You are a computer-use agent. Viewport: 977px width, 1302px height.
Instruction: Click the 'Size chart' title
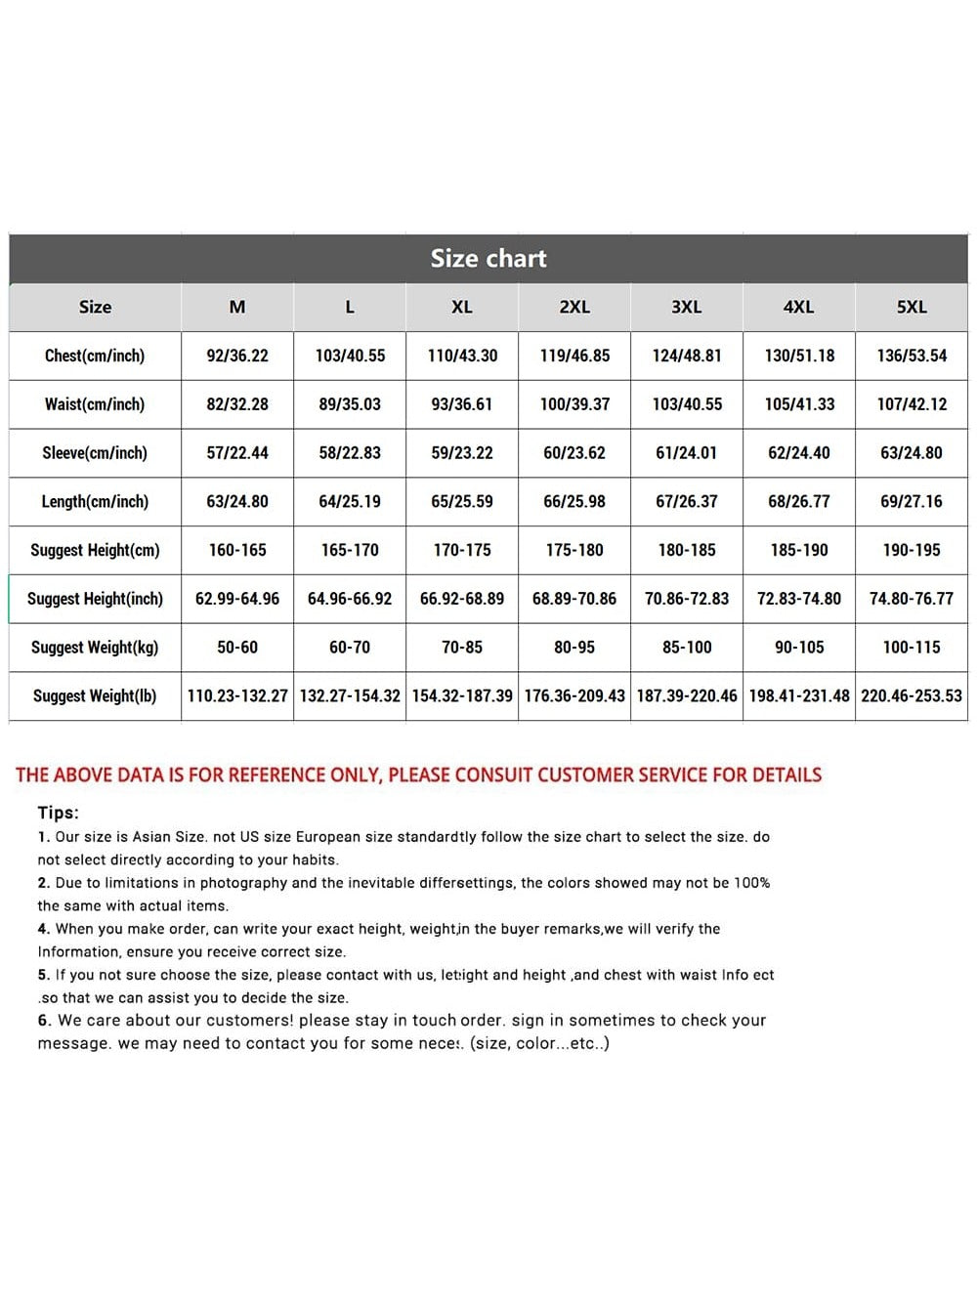[x=488, y=259]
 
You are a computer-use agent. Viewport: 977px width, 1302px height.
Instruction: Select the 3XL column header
[x=687, y=307]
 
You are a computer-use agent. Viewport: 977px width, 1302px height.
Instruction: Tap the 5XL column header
[x=912, y=307]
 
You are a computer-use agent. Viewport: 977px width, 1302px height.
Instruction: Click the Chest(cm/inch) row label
[x=95, y=356]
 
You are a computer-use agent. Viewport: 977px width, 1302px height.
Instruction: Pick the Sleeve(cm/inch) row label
[x=95, y=453]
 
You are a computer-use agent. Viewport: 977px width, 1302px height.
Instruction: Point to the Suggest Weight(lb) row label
[x=95, y=696]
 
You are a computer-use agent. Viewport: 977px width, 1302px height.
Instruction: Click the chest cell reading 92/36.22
[x=237, y=356]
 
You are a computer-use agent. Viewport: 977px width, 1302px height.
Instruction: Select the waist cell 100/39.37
[x=574, y=404]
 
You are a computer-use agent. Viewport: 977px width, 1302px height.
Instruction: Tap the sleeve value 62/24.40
[x=799, y=453]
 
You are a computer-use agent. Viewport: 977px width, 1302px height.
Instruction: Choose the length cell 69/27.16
[x=912, y=502]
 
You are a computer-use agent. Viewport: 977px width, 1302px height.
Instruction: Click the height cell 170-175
[x=462, y=550]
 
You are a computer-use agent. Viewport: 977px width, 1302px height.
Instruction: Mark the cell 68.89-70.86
[x=574, y=599]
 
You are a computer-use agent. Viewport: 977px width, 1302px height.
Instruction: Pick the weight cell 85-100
[x=687, y=648]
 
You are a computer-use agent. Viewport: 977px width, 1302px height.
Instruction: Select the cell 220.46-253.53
[x=912, y=696]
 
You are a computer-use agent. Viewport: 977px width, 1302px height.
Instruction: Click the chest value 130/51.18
[x=799, y=356]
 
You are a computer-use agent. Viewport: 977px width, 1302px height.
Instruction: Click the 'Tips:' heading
[x=59, y=813]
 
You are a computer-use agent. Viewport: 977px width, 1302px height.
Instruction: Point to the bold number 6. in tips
[x=44, y=1021]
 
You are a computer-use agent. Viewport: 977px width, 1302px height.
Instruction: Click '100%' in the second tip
[x=751, y=883]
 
